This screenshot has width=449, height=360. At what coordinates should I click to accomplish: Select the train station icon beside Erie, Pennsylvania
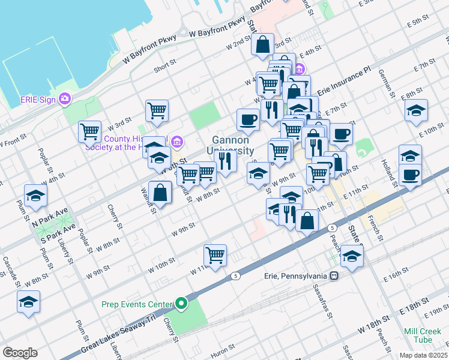[x=334, y=276]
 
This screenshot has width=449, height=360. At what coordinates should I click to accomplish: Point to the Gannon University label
[x=231, y=145]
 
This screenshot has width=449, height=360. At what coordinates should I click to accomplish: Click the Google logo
[x=20, y=353]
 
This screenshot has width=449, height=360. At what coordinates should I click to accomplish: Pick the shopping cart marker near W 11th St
[x=215, y=255]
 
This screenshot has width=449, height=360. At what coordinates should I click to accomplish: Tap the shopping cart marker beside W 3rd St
[x=89, y=131]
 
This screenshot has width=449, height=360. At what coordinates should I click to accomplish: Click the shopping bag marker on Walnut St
[x=160, y=194]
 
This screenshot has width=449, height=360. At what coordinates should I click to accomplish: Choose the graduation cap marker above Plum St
[x=35, y=196]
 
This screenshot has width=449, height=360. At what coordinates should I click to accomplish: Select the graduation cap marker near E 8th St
[x=416, y=110]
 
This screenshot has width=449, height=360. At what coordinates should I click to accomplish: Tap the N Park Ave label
[x=46, y=220]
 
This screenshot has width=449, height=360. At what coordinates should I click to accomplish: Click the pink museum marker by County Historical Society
[x=176, y=142]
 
